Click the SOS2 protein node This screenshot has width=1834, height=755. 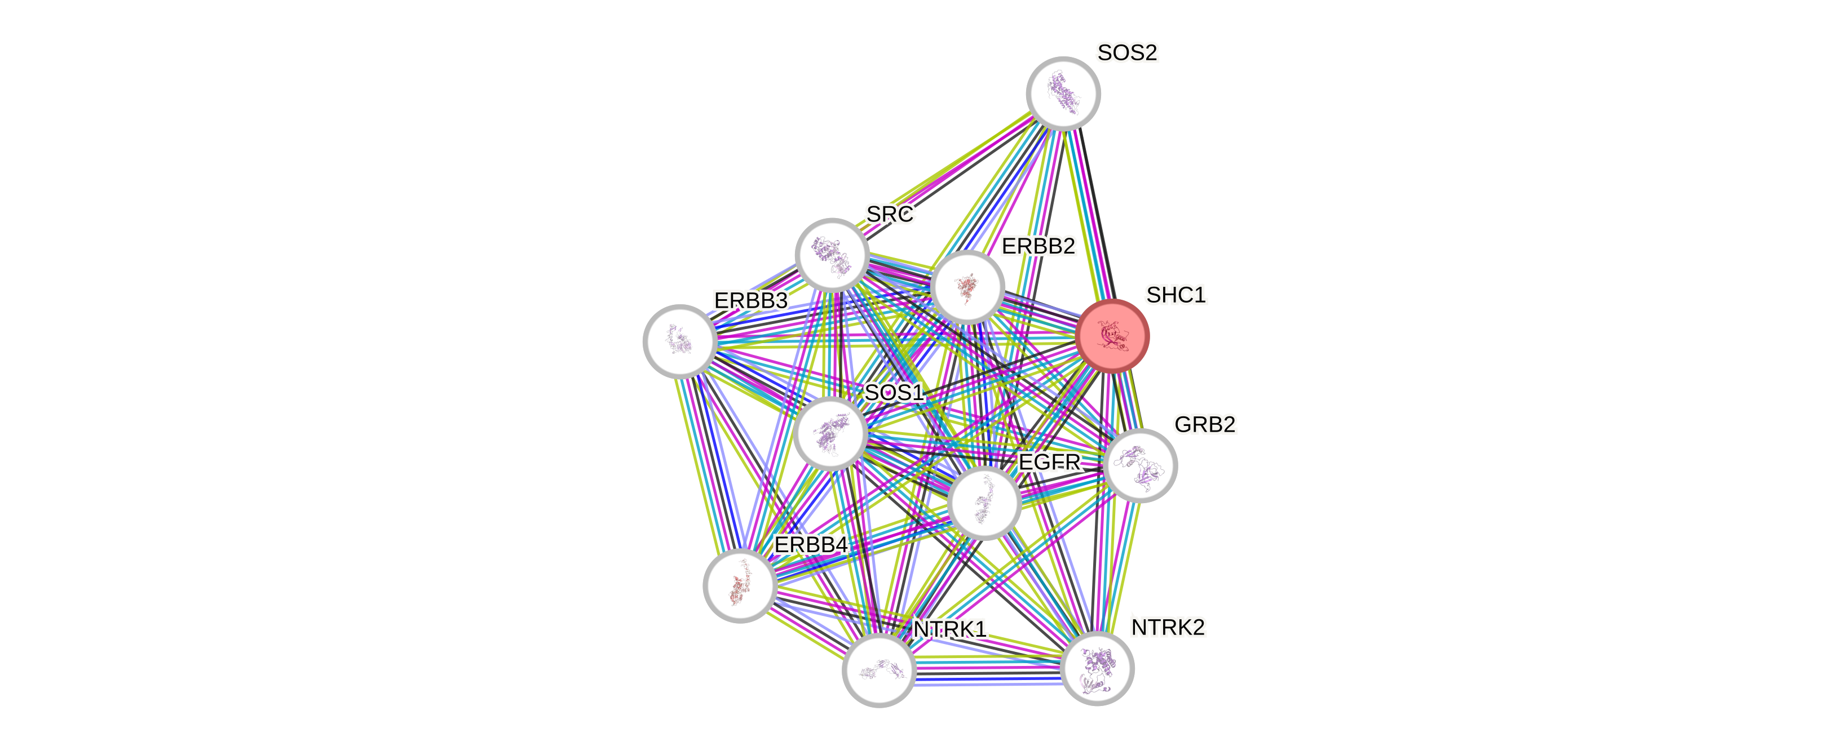(x=1063, y=93)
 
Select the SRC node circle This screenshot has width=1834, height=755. (x=832, y=255)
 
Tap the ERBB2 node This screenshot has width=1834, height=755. (x=967, y=286)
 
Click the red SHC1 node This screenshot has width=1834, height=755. (x=1112, y=336)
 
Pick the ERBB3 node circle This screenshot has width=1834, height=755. (x=679, y=341)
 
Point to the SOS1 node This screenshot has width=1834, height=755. (x=830, y=433)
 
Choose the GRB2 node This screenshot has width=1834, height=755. (x=1140, y=465)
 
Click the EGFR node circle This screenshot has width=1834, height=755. (x=984, y=503)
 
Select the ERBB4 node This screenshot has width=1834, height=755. (x=740, y=585)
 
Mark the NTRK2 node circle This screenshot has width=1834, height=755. (x=1097, y=668)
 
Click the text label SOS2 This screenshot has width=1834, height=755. (x=1127, y=52)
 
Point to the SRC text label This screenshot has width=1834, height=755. (x=890, y=214)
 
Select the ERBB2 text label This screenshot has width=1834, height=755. (x=1038, y=246)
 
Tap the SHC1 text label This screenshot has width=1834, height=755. (x=1175, y=295)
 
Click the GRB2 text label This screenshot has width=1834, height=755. (x=1205, y=424)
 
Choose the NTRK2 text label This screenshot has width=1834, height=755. (x=1168, y=628)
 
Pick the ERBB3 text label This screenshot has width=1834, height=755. (x=751, y=300)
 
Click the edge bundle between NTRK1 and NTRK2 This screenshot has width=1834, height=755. (x=988, y=670)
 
